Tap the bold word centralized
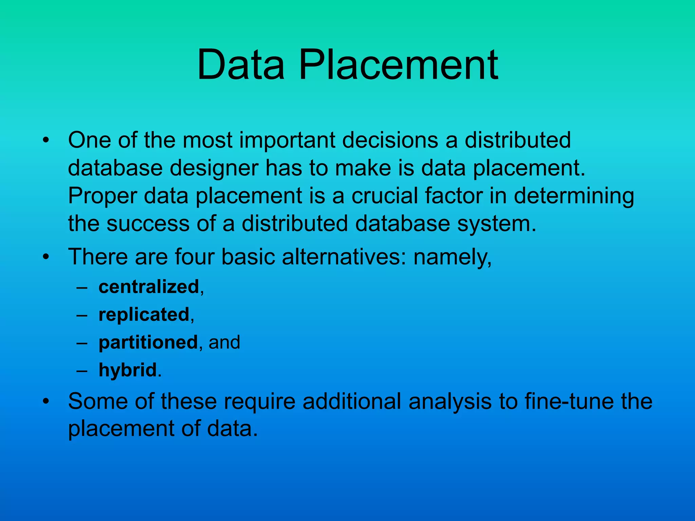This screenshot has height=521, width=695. coord(149,287)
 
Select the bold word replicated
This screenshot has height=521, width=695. coord(144,315)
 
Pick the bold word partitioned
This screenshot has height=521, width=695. coord(148,343)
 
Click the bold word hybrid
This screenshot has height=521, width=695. coord(128,370)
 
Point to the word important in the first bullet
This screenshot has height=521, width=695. coord(287,140)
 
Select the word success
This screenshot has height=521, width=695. coord(148,224)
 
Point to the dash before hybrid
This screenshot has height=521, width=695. coord(82,370)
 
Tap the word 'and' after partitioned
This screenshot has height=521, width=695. coord(224,343)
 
